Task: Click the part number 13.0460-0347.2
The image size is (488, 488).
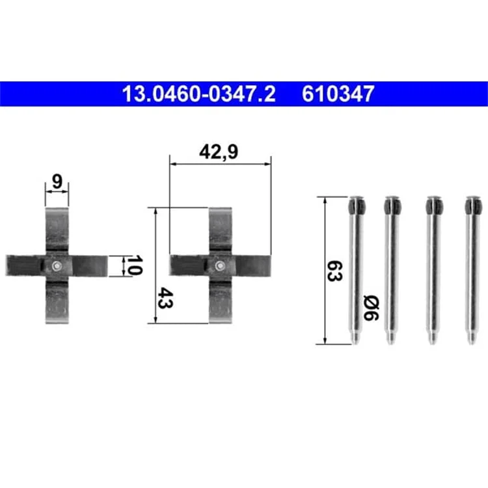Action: (199, 94)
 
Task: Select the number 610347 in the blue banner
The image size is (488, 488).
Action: (338, 94)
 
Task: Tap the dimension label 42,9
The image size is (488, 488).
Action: (219, 152)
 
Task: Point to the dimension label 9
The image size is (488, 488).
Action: (57, 181)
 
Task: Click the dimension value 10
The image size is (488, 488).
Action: (135, 265)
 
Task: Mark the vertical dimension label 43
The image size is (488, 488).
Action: (165, 298)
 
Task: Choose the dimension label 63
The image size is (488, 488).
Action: (335, 271)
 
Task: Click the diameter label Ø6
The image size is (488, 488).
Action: (371, 308)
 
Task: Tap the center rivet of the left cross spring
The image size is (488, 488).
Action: (57, 265)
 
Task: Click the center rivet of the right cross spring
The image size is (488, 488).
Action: (220, 265)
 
